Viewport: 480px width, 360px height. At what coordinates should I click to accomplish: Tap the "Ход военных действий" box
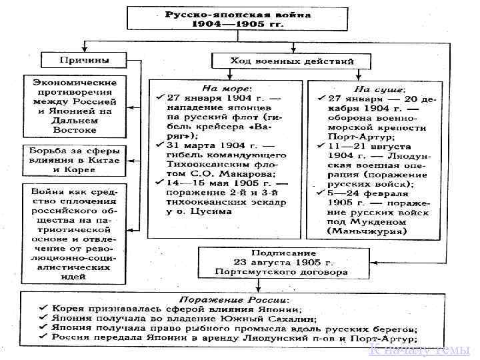(291, 61)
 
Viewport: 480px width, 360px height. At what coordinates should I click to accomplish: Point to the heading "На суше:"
(379, 88)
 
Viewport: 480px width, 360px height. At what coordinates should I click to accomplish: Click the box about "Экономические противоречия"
(75, 105)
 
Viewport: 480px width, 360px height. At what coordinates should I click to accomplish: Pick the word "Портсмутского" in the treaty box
(249, 272)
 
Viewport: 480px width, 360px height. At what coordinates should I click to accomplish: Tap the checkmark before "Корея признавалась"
(42, 309)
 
